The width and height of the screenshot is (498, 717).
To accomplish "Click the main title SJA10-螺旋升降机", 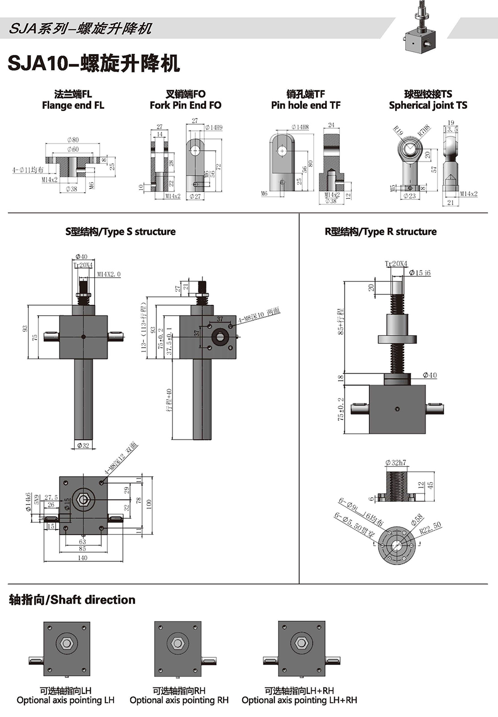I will (x=94, y=63).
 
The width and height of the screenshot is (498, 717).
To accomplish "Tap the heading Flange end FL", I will (x=73, y=106).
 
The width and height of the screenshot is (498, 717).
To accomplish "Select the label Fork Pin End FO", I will (x=185, y=106).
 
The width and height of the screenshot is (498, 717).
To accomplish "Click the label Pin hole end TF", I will (x=306, y=106).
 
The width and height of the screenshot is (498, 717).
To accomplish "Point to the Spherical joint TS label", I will (x=428, y=106).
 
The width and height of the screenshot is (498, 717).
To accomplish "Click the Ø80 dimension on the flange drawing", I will (x=72, y=140).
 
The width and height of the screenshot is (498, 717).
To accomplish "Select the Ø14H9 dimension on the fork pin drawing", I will (x=213, y=128).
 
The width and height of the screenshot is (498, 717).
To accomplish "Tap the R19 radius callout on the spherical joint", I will (x=398, y=131).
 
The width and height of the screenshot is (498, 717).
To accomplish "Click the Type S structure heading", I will (x=120, y=232).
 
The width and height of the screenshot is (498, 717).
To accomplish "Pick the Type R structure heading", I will (x=380, y=232).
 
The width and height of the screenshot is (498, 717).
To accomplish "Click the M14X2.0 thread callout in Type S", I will (x=109, y=274).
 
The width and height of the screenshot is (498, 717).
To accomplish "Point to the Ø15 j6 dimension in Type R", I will (x=420, y=273).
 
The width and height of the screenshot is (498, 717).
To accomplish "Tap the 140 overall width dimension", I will (x=82, y=558).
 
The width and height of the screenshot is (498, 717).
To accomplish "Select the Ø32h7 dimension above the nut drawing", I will (x=396, y=463).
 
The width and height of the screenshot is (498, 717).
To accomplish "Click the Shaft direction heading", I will (x=72, y=600).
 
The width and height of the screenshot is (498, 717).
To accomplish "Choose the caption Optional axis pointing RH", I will (x=179, y=701).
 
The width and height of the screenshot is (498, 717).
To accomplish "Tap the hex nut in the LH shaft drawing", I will (x=67, y=643).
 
